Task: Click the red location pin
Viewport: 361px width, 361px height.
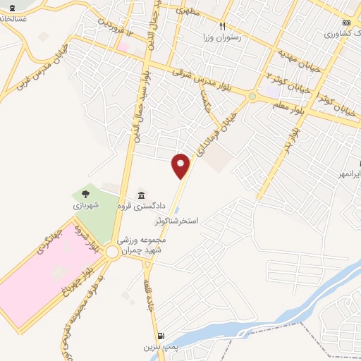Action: [x=181, y=166]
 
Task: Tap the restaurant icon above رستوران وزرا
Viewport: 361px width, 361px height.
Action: [x=222, y=25]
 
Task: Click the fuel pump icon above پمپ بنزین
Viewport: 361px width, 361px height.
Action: [x=163, y=336]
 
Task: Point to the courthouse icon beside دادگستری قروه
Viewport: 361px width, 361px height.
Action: [x=142, y=195]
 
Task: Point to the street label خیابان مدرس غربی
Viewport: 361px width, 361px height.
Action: [x=29, y=67]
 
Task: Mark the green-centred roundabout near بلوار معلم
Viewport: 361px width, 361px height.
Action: [x=252, y=96]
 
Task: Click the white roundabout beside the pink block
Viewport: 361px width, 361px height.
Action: [x=113, y=252]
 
